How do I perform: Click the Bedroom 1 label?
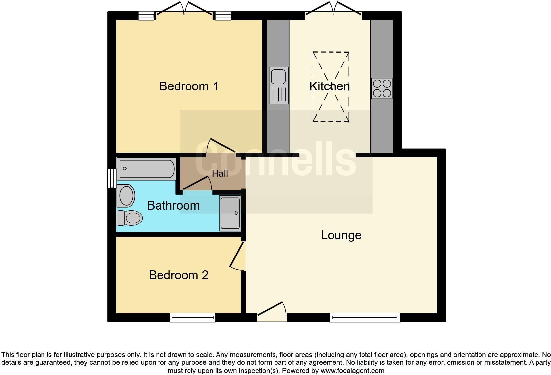[188, 86]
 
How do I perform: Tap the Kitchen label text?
[330, 86]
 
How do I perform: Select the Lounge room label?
[341, 235]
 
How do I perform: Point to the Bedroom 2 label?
[178, 275]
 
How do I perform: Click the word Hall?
[220, 173]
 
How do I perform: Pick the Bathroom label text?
[173, 205]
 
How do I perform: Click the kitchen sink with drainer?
[278, 85]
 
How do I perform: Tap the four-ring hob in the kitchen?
[382, 88]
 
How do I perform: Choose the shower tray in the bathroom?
[230, 213]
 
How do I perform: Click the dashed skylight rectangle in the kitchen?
[331, 87]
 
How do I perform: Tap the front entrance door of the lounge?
[272, 312]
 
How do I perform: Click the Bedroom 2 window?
[192, 318]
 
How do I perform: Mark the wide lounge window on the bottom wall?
[365, 318]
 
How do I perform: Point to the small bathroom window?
[112, 179]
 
